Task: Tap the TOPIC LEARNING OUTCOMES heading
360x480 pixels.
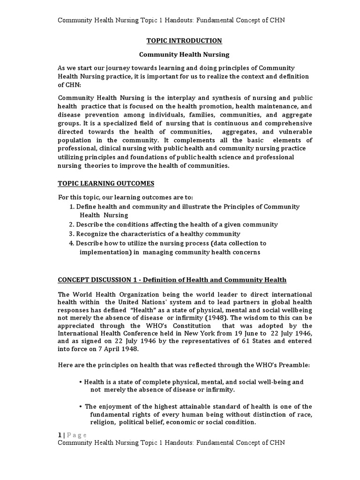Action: pos(105,183)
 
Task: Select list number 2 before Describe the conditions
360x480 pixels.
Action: pos(71,225)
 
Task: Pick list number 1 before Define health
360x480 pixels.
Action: pos(71,207)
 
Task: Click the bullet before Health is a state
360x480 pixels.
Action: pos(81,382)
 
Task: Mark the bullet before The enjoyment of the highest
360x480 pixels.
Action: pos(81,406)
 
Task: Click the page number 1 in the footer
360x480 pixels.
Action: pos(59,435)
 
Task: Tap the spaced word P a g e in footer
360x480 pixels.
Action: pos(76,435)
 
